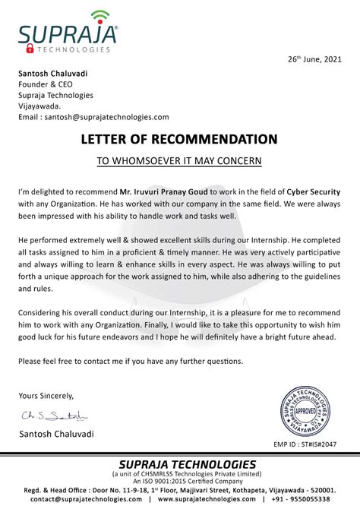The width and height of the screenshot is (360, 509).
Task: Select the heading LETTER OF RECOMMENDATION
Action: click(179, 139)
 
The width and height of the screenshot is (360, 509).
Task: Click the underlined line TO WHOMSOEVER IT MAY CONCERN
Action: click(179, 161)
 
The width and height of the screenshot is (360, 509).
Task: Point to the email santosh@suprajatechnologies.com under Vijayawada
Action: click(93, 117)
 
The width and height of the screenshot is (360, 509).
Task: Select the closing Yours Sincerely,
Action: click(46, 395)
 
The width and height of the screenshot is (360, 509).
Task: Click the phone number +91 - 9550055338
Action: click(313, 500)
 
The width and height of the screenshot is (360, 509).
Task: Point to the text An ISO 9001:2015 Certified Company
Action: click(180, 482)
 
